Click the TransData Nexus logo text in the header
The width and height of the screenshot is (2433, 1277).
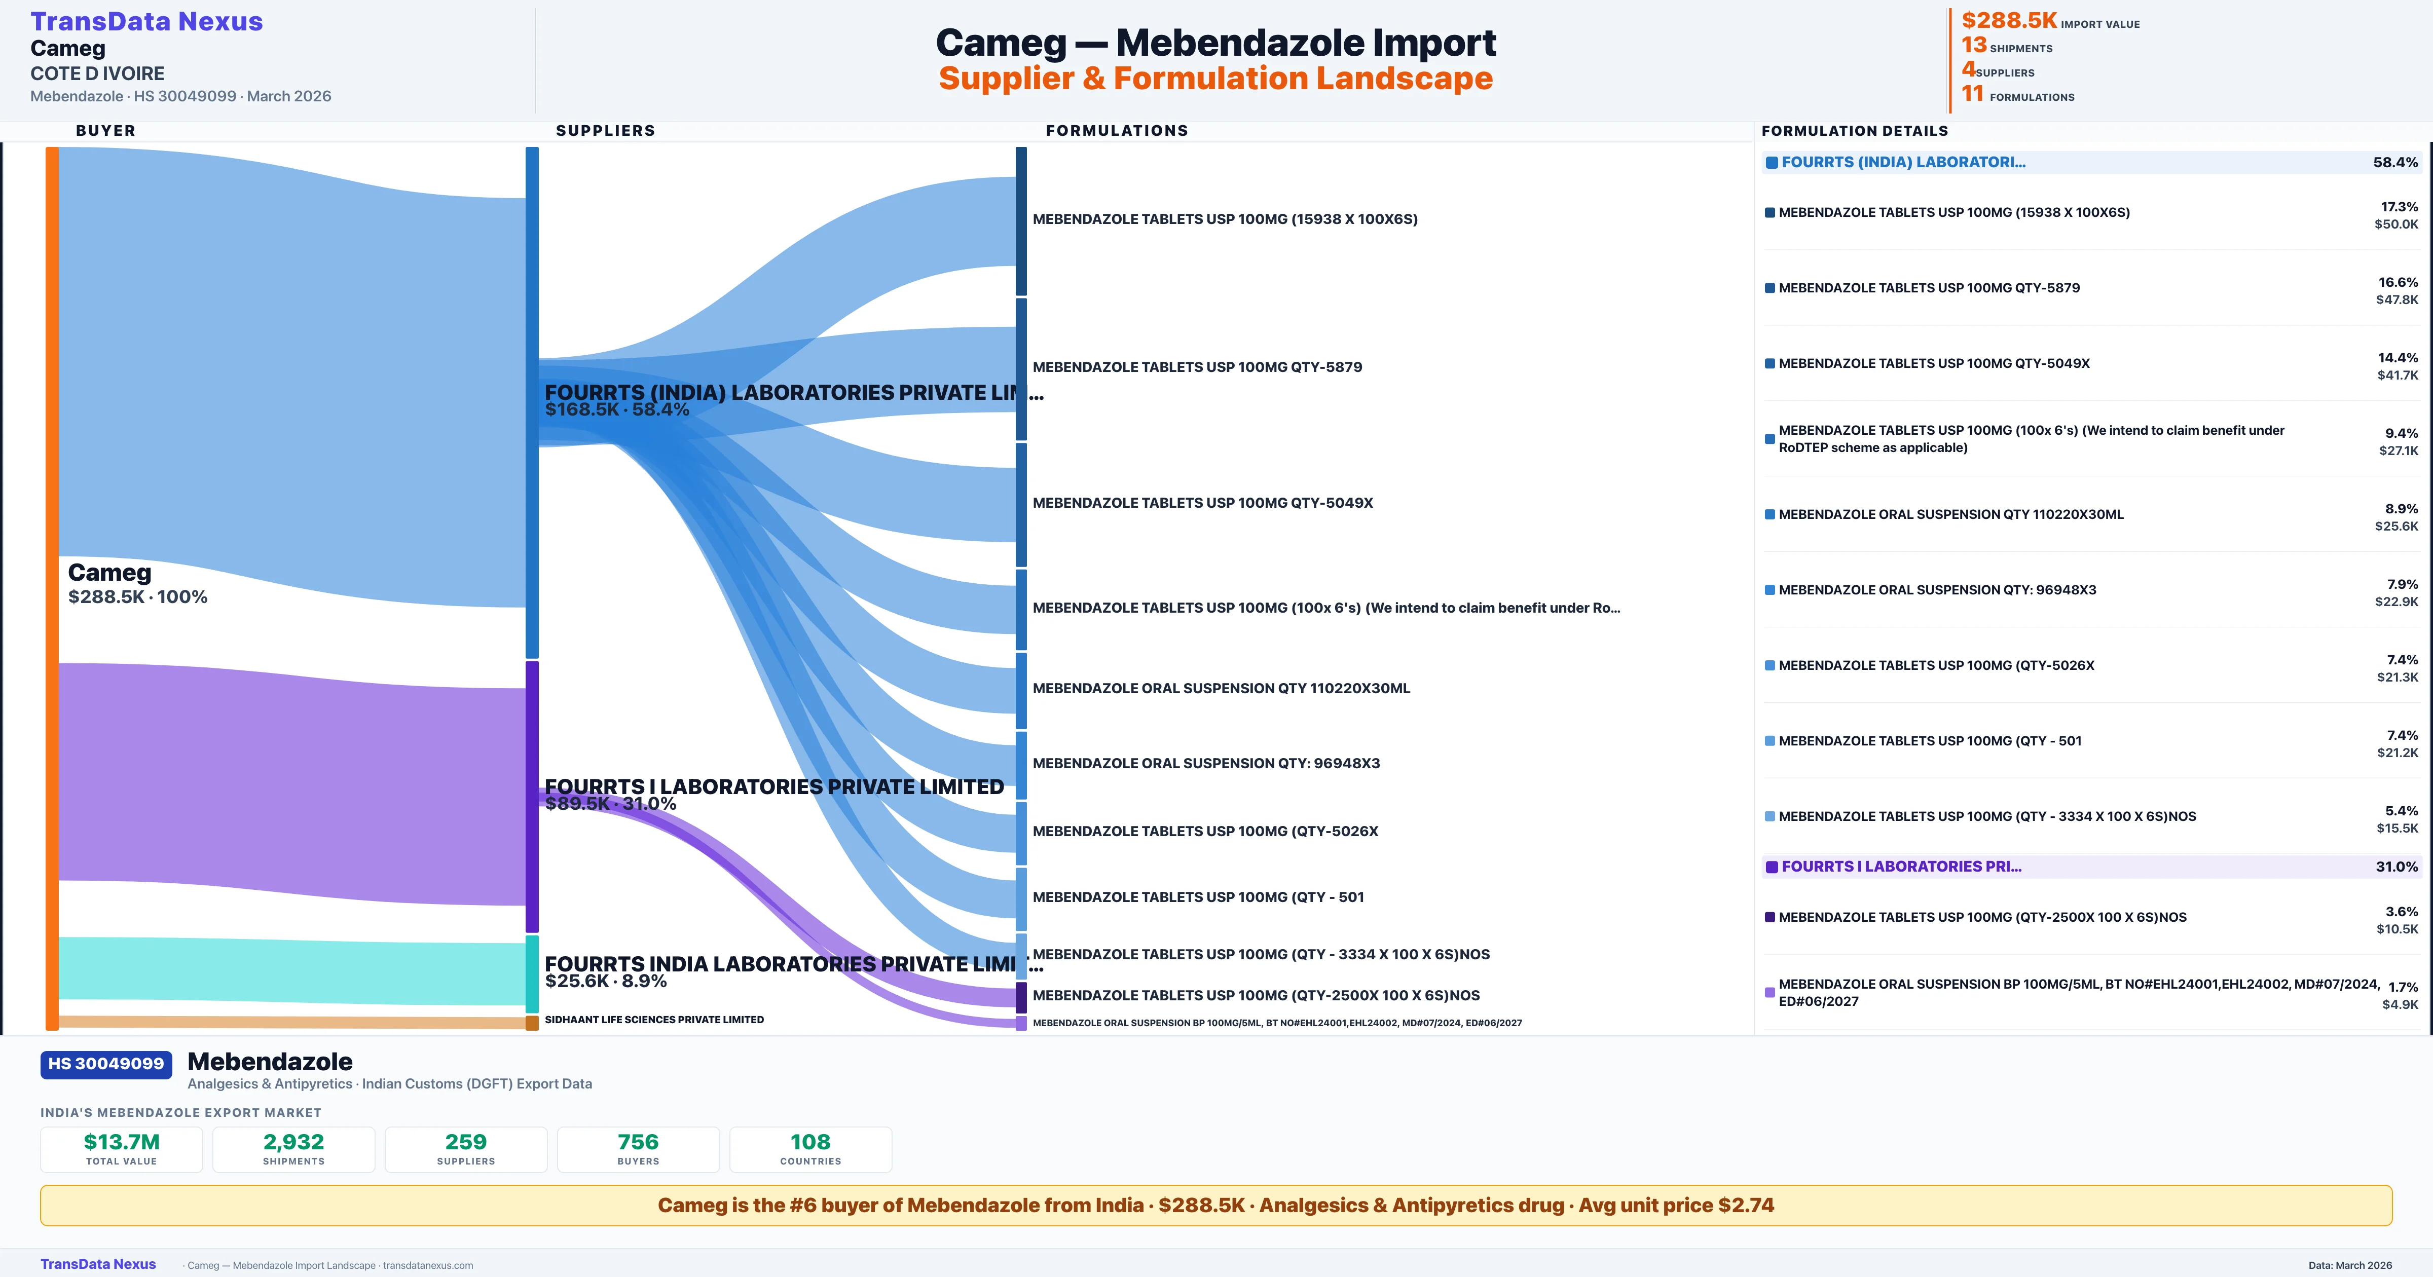point(146,22)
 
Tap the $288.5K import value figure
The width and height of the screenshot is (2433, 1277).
point(2008,21)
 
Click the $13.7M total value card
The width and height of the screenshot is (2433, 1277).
point(121,1149)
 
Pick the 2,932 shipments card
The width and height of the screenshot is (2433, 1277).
point(294,1149)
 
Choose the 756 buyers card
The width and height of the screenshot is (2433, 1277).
point(639,1149)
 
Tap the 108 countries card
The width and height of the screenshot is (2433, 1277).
point(810,1149)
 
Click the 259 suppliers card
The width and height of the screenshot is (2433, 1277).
point(466,1149)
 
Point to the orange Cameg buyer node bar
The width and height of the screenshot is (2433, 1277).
point(52,586)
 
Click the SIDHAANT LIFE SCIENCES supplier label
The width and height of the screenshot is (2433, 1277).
point(653,1020)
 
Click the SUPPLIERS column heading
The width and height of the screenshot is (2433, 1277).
point(605,130)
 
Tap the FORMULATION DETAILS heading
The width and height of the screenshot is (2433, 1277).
point(1854,130)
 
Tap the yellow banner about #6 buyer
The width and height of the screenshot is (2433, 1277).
point(1215,1205)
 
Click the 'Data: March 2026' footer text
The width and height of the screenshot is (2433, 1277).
point(2350,1265)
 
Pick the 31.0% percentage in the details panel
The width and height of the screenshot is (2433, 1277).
point(2396,866)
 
